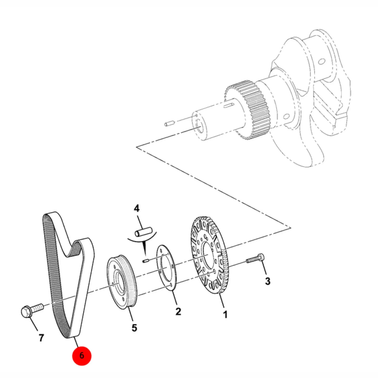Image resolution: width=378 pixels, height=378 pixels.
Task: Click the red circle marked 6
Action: pos(82,355)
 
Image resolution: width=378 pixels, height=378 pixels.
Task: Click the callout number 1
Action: pos(225,314)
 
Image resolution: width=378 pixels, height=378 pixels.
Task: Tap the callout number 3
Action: pos(267,281)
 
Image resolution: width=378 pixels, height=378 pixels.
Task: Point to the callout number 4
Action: pos(136,208)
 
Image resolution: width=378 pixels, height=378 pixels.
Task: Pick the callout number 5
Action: pos(134,328)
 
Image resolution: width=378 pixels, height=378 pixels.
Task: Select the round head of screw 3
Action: pos(261,257)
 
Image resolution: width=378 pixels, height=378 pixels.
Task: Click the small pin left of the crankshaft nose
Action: pos(170,124)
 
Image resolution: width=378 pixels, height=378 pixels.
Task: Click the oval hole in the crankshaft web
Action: pos(321,62)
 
